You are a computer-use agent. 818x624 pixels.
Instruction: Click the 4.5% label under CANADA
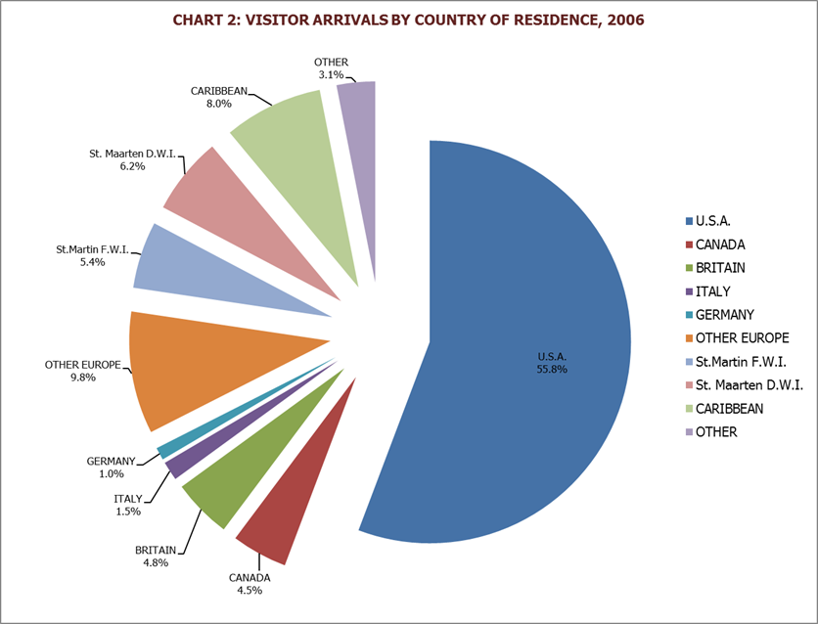pyautogui.click(x=250, y=590)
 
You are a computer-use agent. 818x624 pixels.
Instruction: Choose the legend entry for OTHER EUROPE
pyautogui.click(x=741, y=337)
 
